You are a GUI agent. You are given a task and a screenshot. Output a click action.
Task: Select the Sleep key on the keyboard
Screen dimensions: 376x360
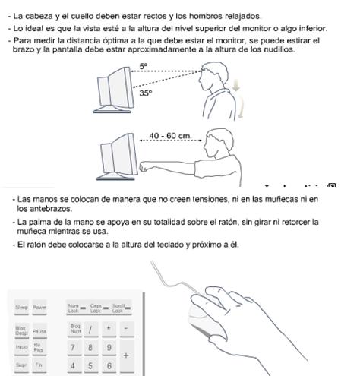point(21,308)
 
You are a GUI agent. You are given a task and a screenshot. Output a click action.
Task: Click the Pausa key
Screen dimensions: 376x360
point(39,331)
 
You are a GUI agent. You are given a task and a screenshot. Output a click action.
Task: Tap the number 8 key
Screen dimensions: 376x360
point(91,348)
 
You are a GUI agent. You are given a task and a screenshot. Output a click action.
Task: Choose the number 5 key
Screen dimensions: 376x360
point(91,365)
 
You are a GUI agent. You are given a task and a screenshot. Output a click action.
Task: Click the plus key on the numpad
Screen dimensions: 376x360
point(126,355)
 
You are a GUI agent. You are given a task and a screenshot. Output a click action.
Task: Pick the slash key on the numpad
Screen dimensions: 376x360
point(91,330)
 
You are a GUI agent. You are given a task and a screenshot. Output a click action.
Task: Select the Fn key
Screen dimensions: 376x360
point(39,365)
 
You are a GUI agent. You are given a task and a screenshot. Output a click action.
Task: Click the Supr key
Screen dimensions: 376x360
point(21,365)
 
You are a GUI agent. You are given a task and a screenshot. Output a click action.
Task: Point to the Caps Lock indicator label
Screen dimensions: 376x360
point(95,308)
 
